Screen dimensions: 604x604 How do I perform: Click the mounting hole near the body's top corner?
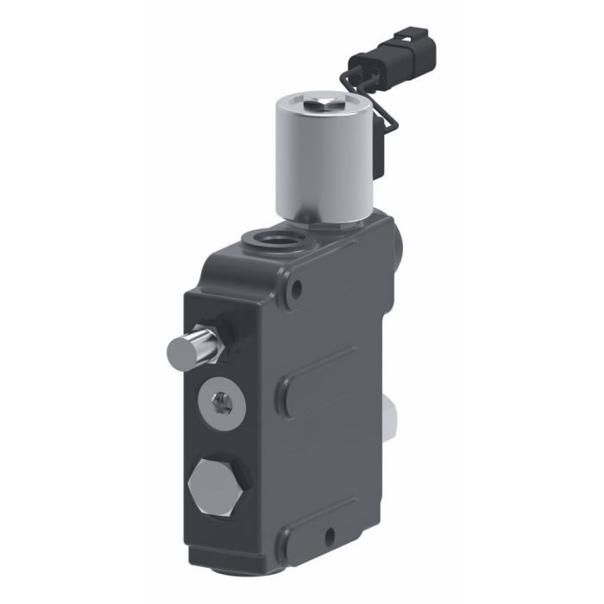pos(297,290)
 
